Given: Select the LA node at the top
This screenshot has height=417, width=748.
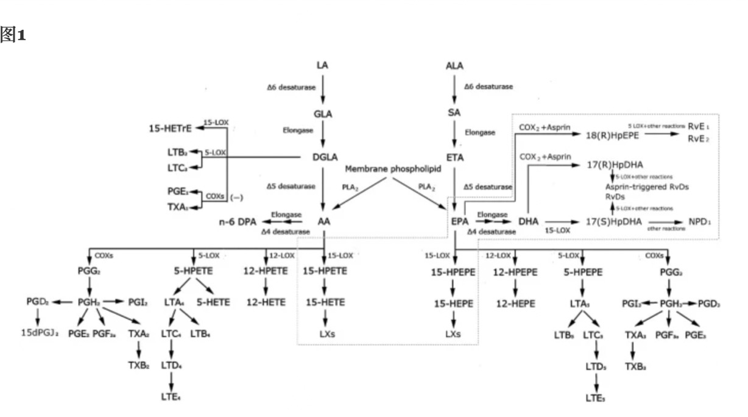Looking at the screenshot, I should coord(323,65).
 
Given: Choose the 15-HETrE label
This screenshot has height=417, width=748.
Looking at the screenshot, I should coord(170,128).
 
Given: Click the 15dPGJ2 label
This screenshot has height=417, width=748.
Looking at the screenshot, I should coord(38,335).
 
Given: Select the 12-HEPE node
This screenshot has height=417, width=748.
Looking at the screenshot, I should coord(515,301).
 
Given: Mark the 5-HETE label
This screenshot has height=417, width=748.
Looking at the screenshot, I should coord(213,301).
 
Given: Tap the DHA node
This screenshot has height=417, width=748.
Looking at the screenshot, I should coord(528,222).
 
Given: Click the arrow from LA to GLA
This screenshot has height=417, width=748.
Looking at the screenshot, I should coord(323,90).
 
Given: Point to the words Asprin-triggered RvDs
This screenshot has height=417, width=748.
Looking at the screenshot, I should coord(642,187).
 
